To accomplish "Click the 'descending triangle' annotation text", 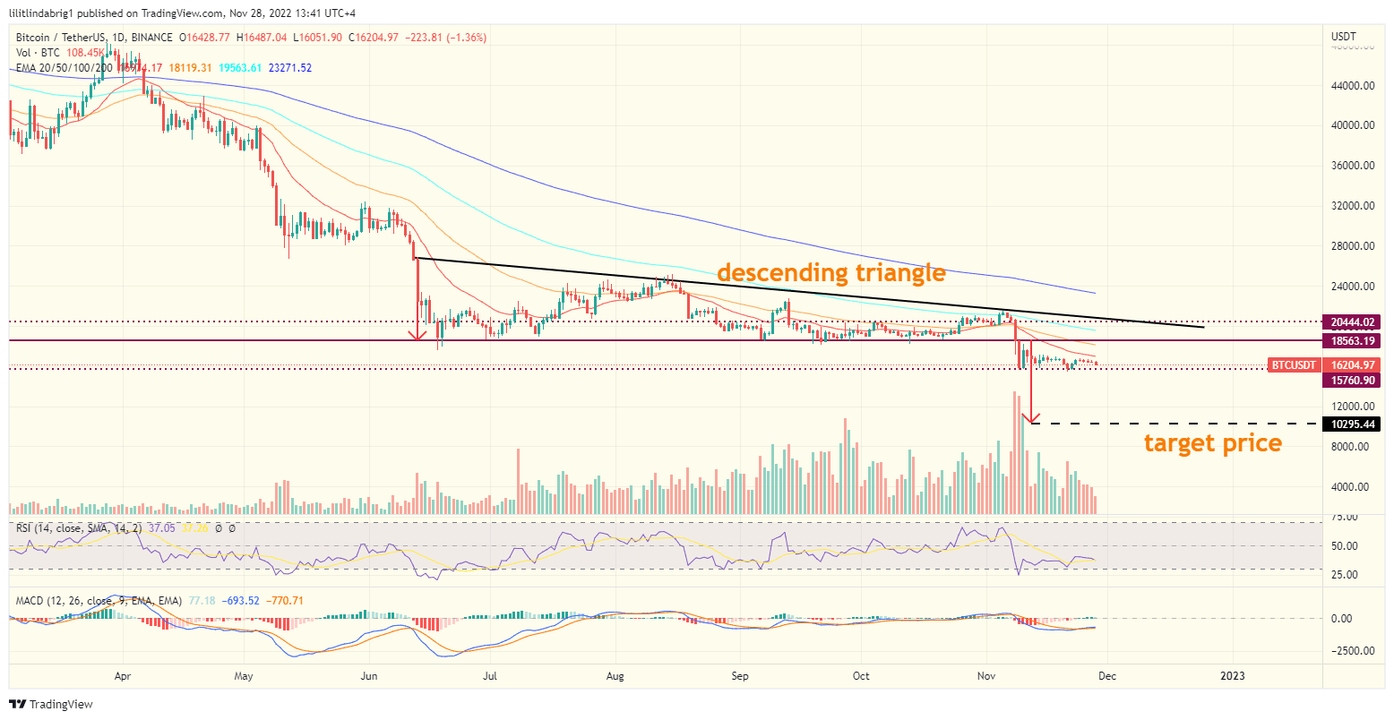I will click(830, 272).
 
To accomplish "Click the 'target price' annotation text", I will click(1212, 442).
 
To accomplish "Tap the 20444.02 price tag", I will click(1353, 321).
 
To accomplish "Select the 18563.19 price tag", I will click(1353, 341).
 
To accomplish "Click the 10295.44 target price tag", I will click(1353, 424).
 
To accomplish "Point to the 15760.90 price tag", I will click(1353, 381).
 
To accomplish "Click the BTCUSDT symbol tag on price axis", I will click(1295, 365).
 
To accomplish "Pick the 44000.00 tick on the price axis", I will click(1353, 86).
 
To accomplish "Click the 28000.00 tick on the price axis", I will click(1353, 246).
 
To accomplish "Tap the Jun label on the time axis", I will click(369, 676).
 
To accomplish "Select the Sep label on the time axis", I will click(739, 676).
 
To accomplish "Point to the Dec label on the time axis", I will click(1108, 676).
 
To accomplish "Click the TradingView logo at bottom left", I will click(51, 705).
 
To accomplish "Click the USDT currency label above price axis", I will click(1344, 37).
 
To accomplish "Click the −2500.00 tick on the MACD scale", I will click(1351, 651).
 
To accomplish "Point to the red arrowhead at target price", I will click(1033, 418).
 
